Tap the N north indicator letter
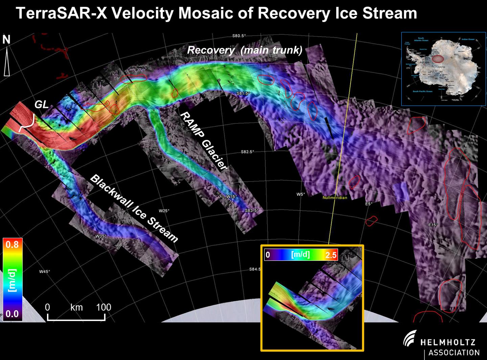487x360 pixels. [x=6, y=40]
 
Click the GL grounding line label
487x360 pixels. [x=41, y=105]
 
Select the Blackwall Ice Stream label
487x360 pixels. [x=134, y=208]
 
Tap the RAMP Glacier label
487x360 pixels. [x=203, y=140]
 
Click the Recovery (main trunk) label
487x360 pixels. [x=245, y=50]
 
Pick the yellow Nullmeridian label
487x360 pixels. [x=334, y=198]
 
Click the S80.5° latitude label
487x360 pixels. [x=239, y=36]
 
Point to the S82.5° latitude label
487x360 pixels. [x=247, y=152]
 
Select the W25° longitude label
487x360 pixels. [x=164, y=210]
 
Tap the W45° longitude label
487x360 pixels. [x=44, y=271]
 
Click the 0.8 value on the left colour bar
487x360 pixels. [x=12, y=244]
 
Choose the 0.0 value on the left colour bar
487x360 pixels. [x=12, y=314]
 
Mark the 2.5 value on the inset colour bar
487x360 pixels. [x=331, y=255]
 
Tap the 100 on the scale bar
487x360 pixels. [x=103, y=307]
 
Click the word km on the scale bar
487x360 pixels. [x=76, y=307]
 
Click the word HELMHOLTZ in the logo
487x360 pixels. [x=448, y=342]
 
